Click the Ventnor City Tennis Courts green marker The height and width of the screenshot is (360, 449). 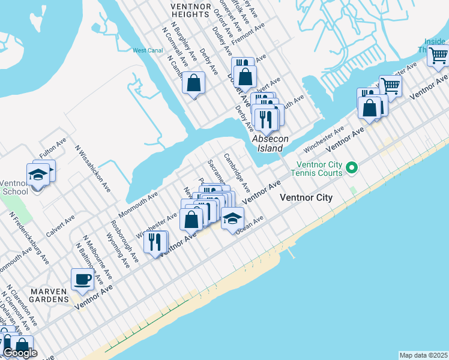(x=353, y=167)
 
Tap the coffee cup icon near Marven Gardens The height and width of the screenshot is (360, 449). (x=82, y=279)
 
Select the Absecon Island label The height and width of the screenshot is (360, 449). (x=270, y=143)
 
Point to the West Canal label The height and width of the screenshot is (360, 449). (x=148, y=50)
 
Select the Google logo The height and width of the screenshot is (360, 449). (x=20, y=353)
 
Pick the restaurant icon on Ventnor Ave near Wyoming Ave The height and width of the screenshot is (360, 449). (x=155, y=242)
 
